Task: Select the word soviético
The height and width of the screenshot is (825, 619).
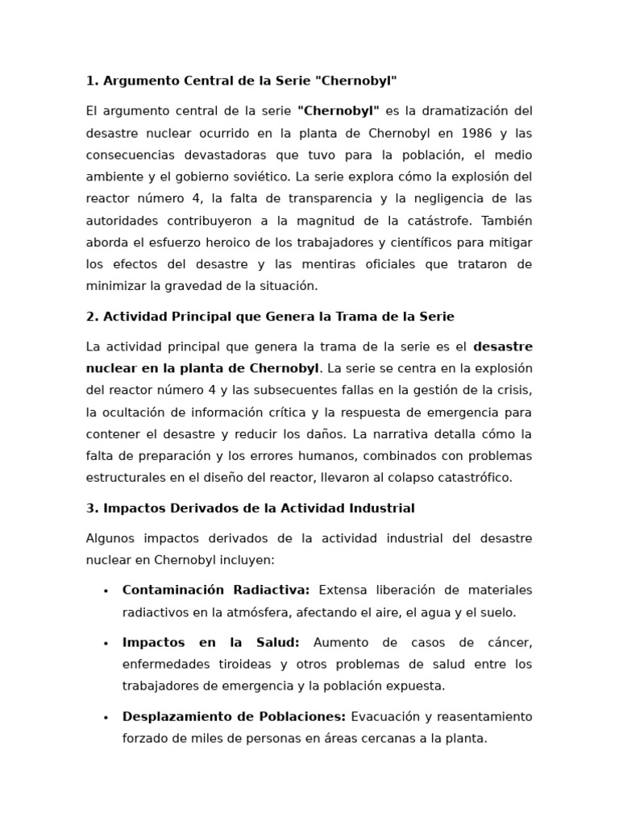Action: tap(261, 176)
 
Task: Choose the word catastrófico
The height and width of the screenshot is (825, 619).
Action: tap(471, 477)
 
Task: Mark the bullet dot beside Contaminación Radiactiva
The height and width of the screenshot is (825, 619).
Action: tap(106, 591)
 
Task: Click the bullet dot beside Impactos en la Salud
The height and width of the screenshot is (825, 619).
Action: tap(106, 644)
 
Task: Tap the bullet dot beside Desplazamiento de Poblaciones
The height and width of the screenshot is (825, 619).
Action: tap(106, 718)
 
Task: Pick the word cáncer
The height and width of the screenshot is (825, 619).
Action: tap(509, 642)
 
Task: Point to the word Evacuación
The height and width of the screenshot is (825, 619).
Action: tap(386, 716)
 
